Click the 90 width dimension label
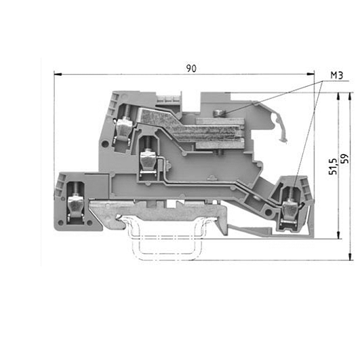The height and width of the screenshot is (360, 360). coord(191,68)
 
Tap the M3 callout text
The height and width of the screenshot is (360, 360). coord(337,75)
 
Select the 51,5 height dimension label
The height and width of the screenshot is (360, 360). coord(333,167)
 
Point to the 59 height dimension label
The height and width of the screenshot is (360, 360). coord(344,159)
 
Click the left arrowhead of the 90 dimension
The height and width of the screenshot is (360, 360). coord(58,75)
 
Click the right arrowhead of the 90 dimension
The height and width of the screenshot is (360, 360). coord(311,74)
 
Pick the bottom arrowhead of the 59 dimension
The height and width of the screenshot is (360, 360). coord(350,257)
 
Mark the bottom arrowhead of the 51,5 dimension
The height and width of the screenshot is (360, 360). coord(338,235)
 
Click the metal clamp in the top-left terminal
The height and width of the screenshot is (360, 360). coord(124,129)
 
